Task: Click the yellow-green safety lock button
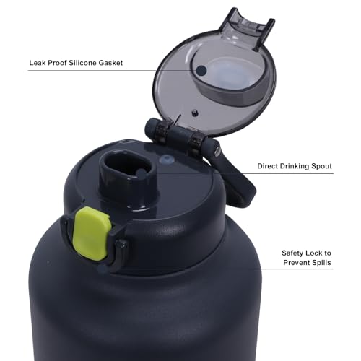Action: [x=92, y=233]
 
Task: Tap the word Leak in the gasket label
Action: [x=38, y=63]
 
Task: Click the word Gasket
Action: [x=110, y=63]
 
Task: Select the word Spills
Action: [x=321, y=263]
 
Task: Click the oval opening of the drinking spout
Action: [x=128, y=165]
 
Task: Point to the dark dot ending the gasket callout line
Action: [x=201, y=70]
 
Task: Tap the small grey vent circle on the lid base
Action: [x=167, y=160]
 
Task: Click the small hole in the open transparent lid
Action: [x=195, y=113]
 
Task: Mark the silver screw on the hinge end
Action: [x=217, y=150]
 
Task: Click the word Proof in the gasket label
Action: [x=57, y=63]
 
